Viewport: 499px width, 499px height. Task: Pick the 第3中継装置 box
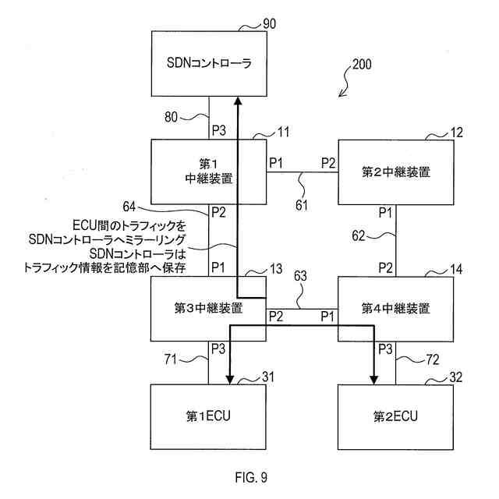208,308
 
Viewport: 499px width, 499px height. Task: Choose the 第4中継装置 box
395,308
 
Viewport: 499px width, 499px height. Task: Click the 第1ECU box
208,416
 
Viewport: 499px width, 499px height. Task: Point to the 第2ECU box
395,416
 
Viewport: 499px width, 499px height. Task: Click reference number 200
362,65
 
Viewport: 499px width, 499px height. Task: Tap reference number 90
267,25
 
